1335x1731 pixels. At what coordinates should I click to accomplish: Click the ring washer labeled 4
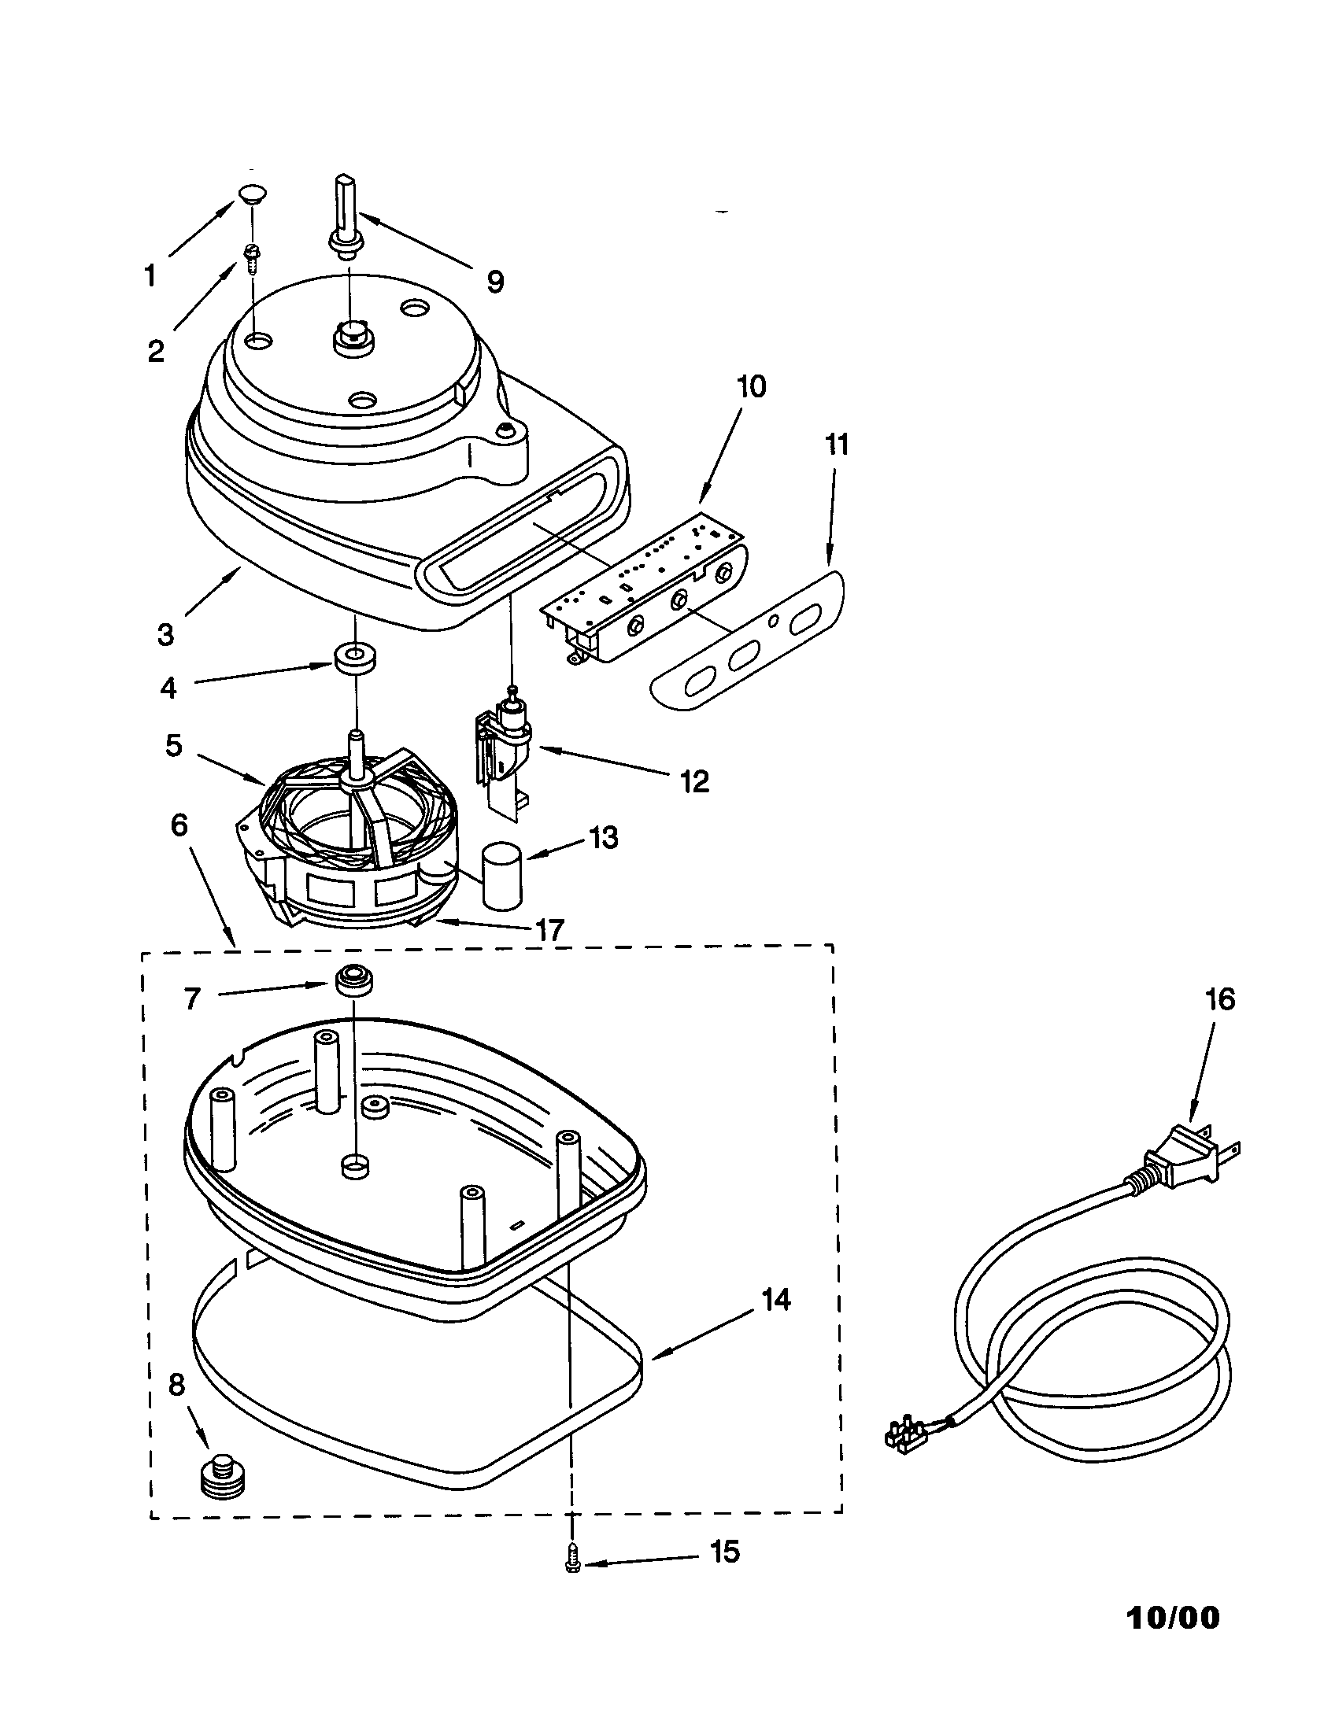[x=353, y=659]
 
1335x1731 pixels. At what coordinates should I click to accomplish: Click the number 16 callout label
[x=1220, y=999]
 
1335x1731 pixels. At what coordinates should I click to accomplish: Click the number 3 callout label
[x=165, y=635]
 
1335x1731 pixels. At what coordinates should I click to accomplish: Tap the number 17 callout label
[x=549, y=930]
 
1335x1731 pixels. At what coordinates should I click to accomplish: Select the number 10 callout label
[x=751, y=387]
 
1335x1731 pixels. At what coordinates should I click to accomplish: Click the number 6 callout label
[x=179, y=825]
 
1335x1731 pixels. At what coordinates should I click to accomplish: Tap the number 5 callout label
[x=174, y=745]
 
